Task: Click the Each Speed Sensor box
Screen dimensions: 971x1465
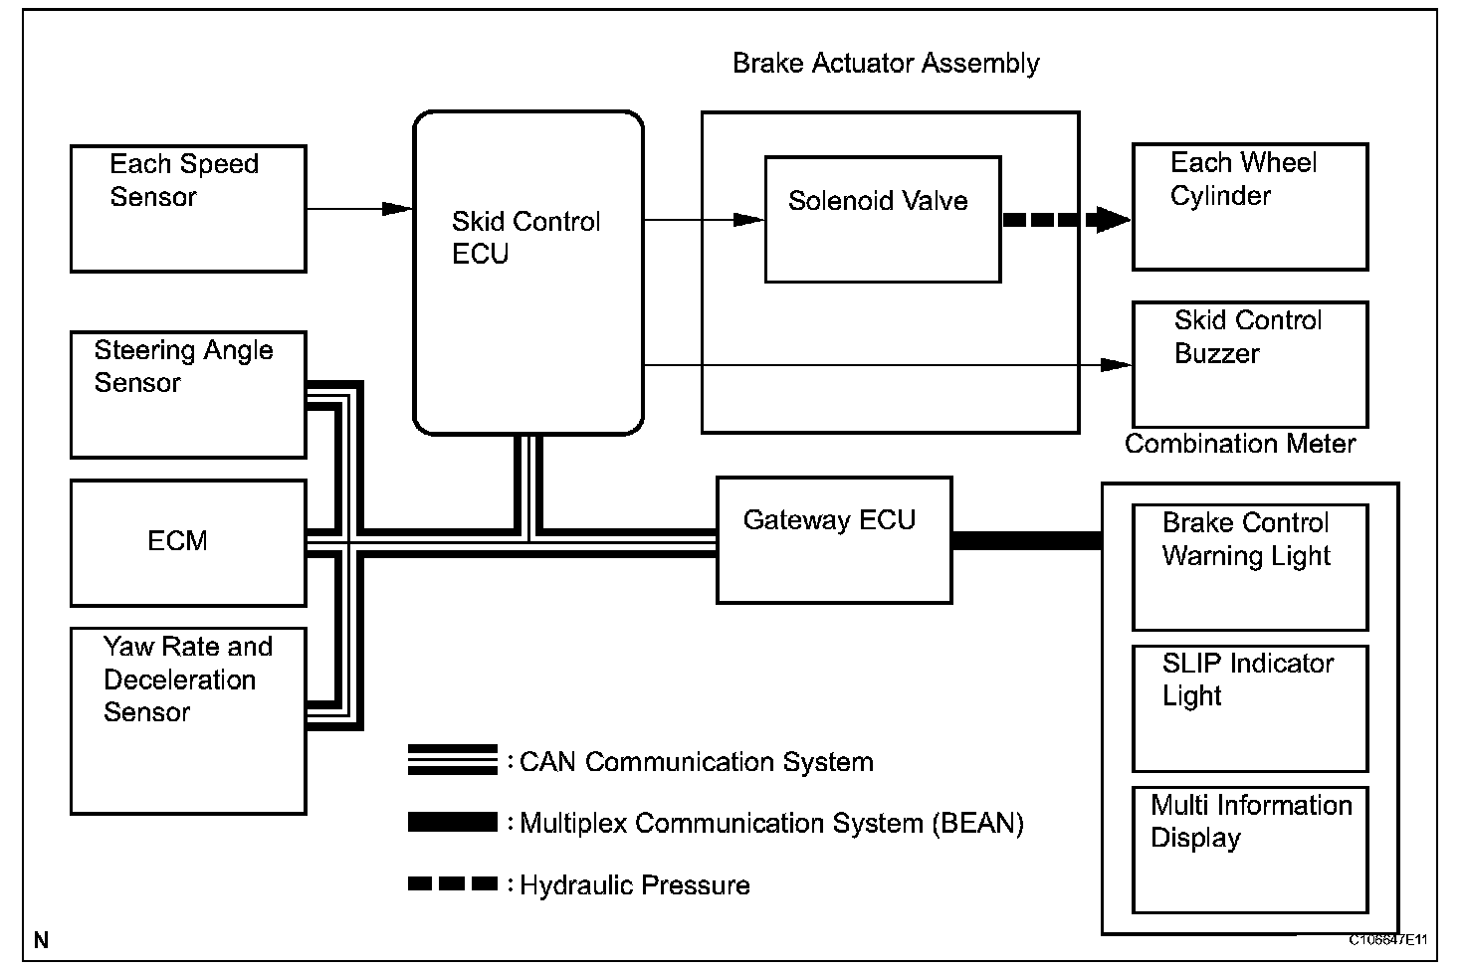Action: [x=188, y=209]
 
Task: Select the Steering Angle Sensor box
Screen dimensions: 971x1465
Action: [x=188, y=395]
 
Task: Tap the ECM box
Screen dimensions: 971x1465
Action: [x=188, y=542]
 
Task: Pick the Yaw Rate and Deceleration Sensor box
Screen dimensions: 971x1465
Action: [x=188, y=720]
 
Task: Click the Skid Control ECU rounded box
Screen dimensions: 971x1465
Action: [x=527, y=273]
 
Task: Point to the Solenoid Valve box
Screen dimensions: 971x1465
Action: [x=882, y=220]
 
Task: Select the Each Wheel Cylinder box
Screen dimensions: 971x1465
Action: [x=1250, y=207]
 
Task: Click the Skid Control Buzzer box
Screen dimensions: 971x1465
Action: [x=1250, y=364]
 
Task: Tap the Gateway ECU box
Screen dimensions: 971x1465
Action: [x=834, y=540]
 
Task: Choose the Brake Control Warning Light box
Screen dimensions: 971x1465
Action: [x=1250, y=567]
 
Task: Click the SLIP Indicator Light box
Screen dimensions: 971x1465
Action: [x=1250, y=708]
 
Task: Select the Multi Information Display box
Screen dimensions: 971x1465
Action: [x=1250, y=850]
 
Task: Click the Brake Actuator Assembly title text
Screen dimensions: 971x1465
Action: [x=886, y=64]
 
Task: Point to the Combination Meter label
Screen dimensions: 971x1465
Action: [x=1240, y=444]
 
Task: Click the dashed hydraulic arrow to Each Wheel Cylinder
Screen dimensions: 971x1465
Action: [x=1065, y=220]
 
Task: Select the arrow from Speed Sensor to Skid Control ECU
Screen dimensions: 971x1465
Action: [x=358, y=209]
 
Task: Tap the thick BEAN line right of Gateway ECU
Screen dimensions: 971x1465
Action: [x=1026, y=541]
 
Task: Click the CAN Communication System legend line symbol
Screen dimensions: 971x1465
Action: [x=452, y=760]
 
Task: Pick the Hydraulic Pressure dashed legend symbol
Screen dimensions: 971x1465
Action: [x=452, y=883]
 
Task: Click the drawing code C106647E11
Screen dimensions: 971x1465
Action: [x=1388, y=939]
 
